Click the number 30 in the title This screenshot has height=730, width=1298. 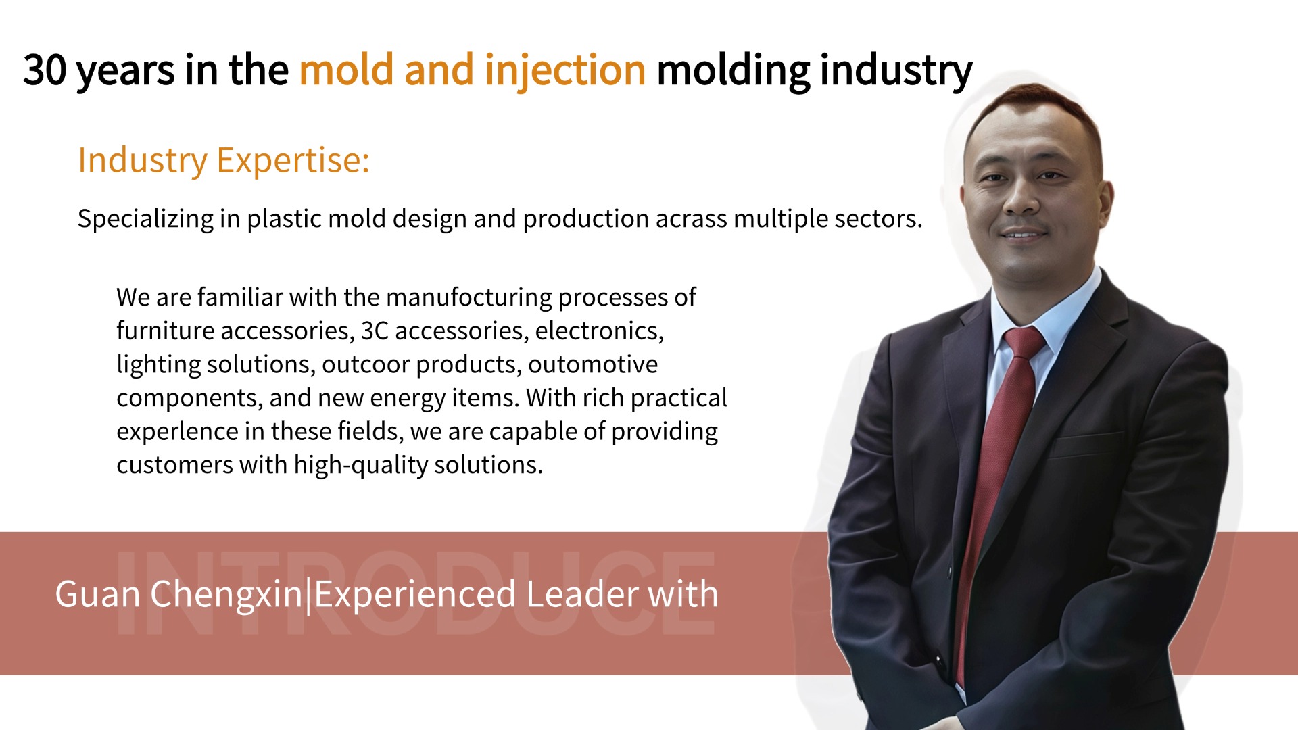tap(45, 70)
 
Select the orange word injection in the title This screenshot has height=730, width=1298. tap(565, 71)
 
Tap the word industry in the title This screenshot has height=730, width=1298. tap(896, 71)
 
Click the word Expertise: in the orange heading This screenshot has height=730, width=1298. tap(293, 161)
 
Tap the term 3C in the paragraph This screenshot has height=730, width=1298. tap(375, 331)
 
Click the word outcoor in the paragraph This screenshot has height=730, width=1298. tap(365, 364)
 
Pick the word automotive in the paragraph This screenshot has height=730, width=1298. tap(593, 364)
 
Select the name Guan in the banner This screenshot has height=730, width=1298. tap(97, 595)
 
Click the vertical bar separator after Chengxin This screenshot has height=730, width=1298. tap(309, 595)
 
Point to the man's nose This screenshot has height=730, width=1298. tap(1021, 196)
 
